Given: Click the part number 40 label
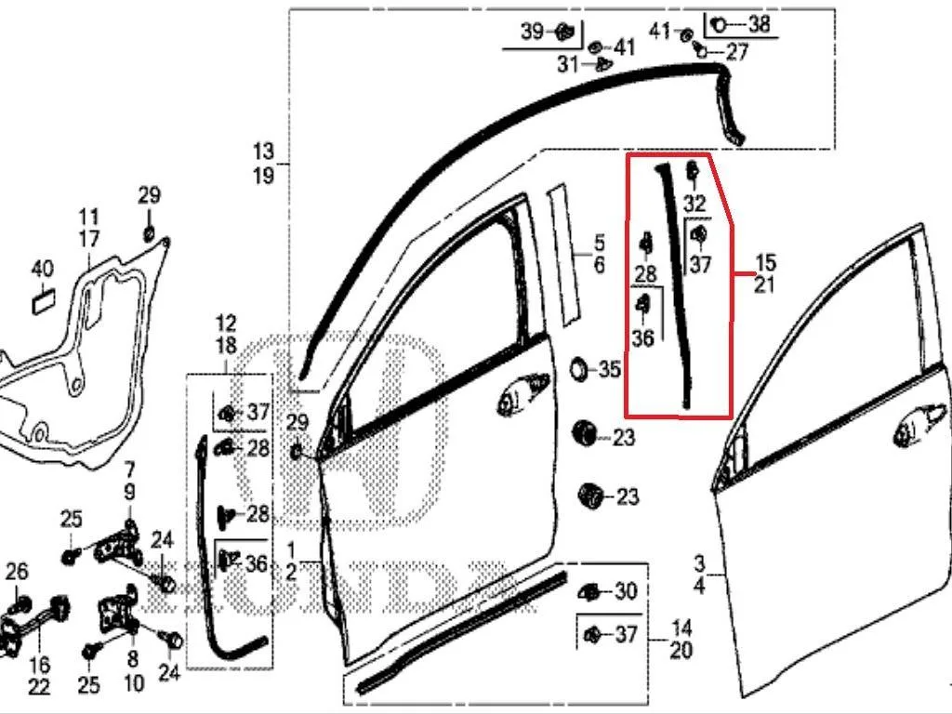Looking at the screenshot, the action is point(42,269).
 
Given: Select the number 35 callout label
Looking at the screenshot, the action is point(610,369).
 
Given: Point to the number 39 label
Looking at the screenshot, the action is point(533,31).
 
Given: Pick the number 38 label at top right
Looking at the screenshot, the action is point(759,24).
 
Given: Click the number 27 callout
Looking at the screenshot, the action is point(736,52).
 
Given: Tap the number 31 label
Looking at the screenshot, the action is point(568,64).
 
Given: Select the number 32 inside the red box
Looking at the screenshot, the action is point(695,203).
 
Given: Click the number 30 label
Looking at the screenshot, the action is point(626,590).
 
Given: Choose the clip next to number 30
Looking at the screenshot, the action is point(589,592).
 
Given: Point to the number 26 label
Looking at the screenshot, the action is point(17,572).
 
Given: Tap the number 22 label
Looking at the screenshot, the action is point(39,687).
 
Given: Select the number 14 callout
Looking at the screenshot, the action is point(681,628).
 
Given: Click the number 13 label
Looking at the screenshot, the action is point(263,152).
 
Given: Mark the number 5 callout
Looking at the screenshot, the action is point(600,244).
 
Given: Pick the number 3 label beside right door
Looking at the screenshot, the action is point(700,562).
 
